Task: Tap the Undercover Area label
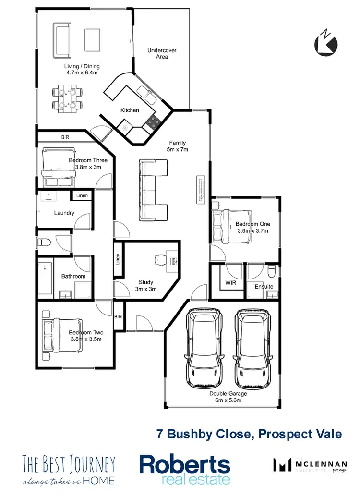pyautogui.click(x=158, y=53)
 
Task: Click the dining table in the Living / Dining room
pyautogui.click(x=67, y=98)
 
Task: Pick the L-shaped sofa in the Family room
pyautogui.click(x=154, y=190)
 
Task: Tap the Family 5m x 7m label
pyautogui.click(x=178, y=146)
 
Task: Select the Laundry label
pyautogui.click(x=64, y=213)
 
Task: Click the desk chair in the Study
pyautogui.click(x=160, y=260)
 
